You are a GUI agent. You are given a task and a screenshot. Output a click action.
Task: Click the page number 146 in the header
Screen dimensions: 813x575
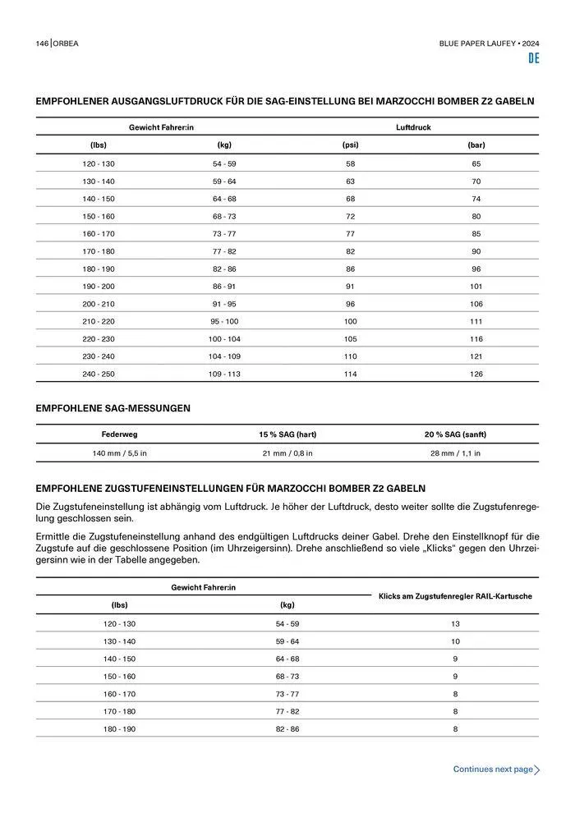click(42, 43)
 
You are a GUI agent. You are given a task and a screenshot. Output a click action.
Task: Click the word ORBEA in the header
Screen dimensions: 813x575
click(67, 43)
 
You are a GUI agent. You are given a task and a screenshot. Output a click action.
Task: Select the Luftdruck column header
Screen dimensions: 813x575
click(413, 127)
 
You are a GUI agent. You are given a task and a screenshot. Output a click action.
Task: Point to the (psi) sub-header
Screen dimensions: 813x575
click(350, 145)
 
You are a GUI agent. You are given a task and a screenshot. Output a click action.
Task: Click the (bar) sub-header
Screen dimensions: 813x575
click(476, 145)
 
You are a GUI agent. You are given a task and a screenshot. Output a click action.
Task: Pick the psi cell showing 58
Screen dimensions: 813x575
click(350, 164)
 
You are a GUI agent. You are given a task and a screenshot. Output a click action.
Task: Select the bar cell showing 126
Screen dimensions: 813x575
click(476, 374)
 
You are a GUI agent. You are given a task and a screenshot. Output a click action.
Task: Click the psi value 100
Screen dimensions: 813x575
click(350, 322)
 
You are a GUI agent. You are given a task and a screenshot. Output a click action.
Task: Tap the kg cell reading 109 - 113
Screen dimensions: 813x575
click(224, 374)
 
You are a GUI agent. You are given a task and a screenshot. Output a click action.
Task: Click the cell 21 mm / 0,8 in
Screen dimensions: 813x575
click(287, 453)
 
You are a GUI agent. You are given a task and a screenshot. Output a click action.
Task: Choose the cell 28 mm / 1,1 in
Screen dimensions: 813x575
click(455, 453)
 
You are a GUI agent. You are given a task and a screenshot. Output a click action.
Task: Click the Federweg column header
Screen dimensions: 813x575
click(119, 434)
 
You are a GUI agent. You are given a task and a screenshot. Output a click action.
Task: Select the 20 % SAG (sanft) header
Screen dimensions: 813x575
click(455, 434)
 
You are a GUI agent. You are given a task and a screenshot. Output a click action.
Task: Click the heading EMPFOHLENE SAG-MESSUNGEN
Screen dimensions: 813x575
click(113, 407)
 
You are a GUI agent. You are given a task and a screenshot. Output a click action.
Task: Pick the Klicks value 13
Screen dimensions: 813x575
click(455, 624)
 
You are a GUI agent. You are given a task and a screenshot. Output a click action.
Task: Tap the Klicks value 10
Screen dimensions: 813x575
click(455, 641)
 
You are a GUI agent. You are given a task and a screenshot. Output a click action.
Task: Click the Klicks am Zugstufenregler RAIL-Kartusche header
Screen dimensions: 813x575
click(455, 596)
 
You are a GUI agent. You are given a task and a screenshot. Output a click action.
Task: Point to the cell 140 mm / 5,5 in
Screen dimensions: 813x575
click(119, 453)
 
